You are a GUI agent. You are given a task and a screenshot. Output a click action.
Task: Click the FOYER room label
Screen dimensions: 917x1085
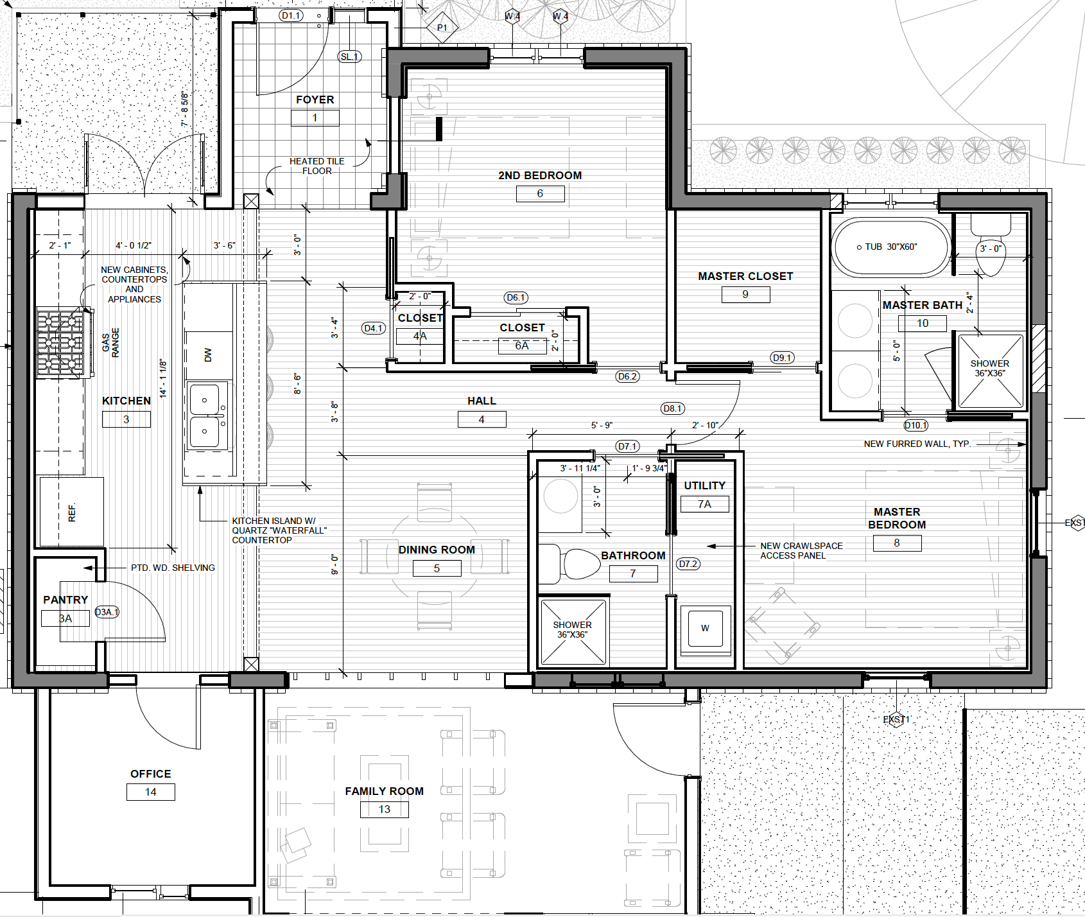click(x=315, y=100)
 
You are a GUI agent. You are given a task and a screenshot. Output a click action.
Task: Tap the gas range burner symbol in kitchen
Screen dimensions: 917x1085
click(x=60, y=343)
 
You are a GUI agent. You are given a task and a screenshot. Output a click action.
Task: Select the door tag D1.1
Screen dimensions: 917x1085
click(x=291, y=15)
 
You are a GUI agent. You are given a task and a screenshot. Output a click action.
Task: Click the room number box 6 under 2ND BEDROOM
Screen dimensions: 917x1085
click(x=540, y=193)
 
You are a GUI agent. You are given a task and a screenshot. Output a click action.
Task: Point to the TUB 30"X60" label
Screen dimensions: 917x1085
click(x=890, y=247)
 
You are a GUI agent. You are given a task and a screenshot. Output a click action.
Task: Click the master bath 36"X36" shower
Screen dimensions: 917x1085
click(x=989, y=371)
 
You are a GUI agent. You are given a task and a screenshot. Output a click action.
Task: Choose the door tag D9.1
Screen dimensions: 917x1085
click(x=782, y=358)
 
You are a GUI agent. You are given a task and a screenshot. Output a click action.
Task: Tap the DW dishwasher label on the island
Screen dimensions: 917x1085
click(x=207, y=355)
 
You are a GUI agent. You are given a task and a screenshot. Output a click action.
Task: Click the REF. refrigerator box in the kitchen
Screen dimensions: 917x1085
click(x=71, y=511)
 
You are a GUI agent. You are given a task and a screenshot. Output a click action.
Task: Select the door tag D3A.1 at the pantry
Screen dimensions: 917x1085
click(x=107, y=612)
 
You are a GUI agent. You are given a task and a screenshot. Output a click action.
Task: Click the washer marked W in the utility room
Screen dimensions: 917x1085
click(x=705, y=628)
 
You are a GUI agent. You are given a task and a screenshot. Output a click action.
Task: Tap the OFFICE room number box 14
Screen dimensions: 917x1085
click(x=150, y=792)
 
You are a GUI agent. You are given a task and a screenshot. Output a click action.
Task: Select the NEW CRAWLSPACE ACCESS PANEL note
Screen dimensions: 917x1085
click(x=801, y=550)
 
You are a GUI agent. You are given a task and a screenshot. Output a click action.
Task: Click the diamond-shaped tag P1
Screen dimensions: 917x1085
click(x=442, y=28)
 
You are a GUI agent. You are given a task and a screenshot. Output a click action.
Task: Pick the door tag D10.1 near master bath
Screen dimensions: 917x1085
click(x=916, y=425)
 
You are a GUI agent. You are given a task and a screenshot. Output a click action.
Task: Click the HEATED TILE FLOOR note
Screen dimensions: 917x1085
click(x=317, y=166)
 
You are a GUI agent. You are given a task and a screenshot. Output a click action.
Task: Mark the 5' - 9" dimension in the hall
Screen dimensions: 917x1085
click(x=602, y=425)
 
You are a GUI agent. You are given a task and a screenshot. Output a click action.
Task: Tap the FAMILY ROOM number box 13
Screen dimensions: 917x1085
click(x=384, y=809)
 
